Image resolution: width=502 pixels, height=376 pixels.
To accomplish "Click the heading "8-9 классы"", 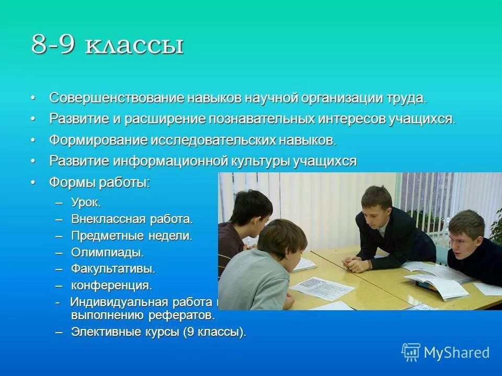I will point(107,45).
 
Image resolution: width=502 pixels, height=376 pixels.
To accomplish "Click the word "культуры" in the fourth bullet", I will point(260,161).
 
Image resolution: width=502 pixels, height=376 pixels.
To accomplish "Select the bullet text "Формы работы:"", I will point(99,183).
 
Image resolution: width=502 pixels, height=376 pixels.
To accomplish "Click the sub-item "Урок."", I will point(86,203).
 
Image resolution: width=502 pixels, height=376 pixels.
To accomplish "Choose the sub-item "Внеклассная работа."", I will point(132,219).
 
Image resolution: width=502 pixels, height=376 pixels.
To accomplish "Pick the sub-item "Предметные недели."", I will point(132,236).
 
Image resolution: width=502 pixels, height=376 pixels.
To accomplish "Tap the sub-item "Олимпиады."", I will point(107,252).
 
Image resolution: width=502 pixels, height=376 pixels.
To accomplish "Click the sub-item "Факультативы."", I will point(113,269).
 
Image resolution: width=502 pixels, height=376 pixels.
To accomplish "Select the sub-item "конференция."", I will point(111,286).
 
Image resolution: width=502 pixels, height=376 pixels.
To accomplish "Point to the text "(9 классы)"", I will point(214,332).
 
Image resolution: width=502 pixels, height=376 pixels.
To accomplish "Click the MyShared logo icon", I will point(411,352).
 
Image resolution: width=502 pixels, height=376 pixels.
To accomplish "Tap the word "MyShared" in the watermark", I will point(457,353).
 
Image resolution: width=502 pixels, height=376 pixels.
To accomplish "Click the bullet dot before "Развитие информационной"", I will point(33,161).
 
